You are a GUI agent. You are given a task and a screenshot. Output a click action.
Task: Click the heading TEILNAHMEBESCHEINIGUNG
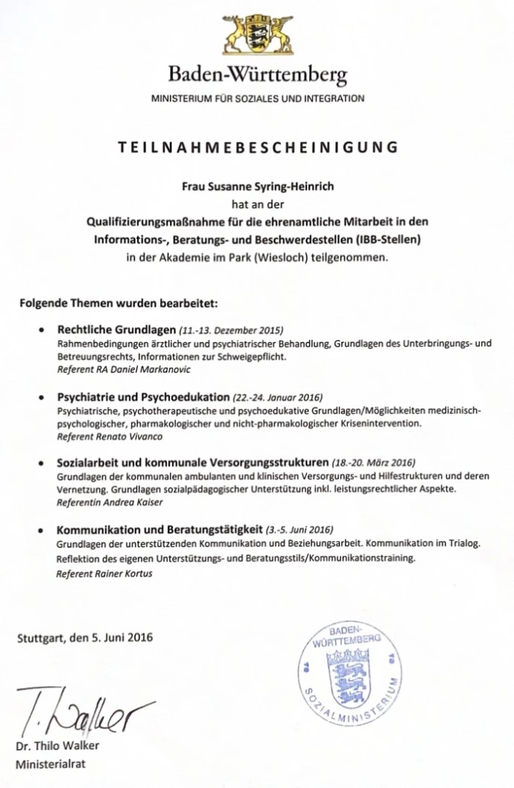(x=257, y=147)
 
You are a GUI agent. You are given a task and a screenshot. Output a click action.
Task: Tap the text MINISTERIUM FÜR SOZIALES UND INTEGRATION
(x=258, y=98)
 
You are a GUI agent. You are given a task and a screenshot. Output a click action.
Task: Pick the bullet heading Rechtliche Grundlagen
(x=117, y=330)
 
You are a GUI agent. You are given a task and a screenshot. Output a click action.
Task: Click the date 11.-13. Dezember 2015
(x=232, y=330)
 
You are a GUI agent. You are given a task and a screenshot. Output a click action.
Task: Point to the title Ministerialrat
(x=50, y=763)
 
